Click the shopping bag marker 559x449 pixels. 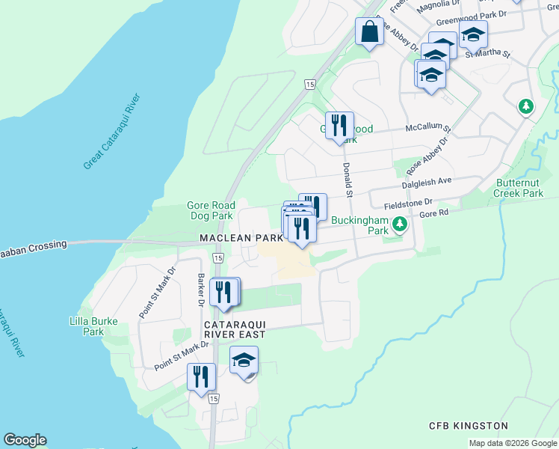pyautogui.click(x=369, y=32)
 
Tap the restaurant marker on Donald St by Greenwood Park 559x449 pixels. pyautogui.click(x=339, y=126)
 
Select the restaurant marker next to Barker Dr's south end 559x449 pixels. pyautogui.click(x=201, y=378)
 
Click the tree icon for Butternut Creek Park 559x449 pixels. pyautogui.click(x=526, y=107)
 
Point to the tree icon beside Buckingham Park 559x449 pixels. pyautogui.click(x=400, y=224)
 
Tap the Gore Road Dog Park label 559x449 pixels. pyautogui.click(x=211, y=210)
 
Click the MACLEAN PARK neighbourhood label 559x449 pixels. pyautogui.click(x=241, y=238)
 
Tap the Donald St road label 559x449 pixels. pyautogui.click(x=348, y=180)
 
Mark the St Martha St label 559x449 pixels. pyautogui.click(x=487, y=54)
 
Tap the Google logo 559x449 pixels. pyautogui.click(x=25, y=440)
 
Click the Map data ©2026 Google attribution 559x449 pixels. pyautogui.click(x=512, y=443)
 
